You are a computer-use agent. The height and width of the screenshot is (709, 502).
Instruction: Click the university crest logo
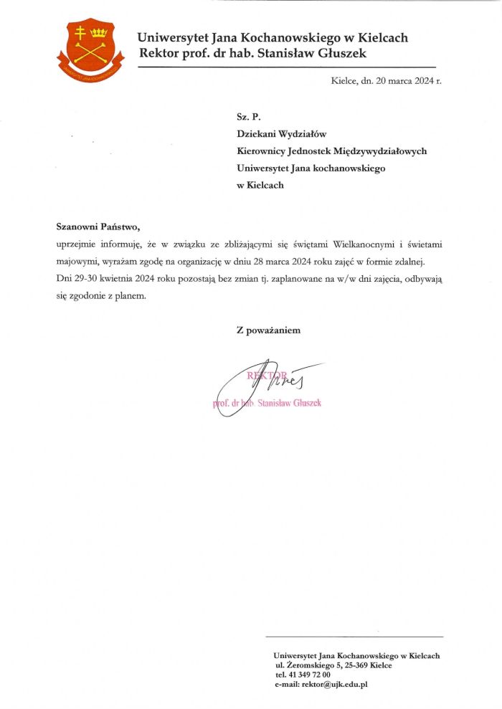[x=90, y=49]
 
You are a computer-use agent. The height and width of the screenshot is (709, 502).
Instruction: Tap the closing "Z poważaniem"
[x=268, y=330]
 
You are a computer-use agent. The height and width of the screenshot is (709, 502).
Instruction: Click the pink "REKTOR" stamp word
[x=267, y=375]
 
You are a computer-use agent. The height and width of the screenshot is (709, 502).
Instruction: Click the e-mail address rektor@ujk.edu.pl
[x=334, y=685]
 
